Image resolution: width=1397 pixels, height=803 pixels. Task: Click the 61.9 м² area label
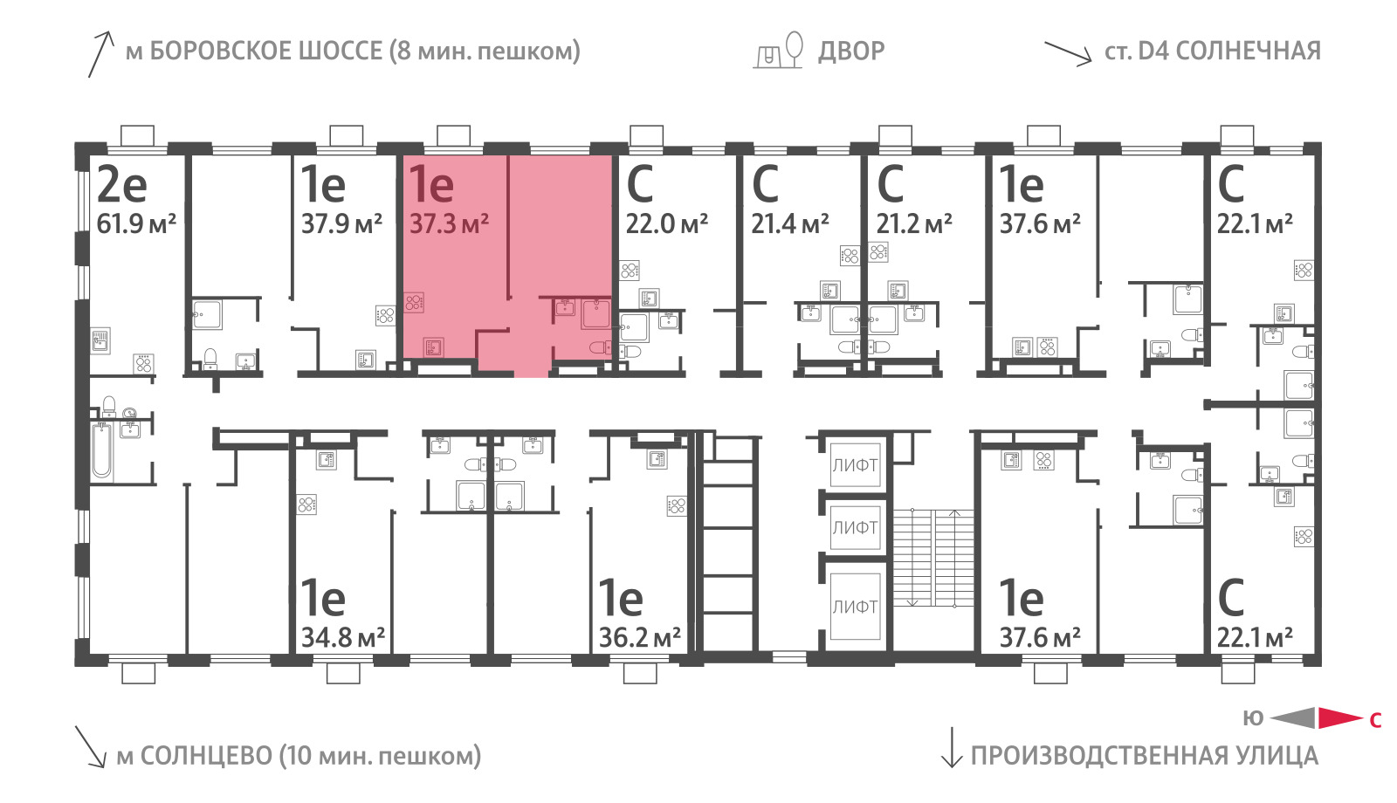tap(136, 223)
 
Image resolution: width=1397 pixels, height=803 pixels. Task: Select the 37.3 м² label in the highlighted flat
tap(449, 223)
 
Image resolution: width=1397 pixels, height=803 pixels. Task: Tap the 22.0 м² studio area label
tap(667, 223)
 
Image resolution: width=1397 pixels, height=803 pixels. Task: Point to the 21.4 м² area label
tap(789, 223)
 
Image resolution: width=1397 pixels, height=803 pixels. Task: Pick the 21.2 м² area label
tap(914, 223)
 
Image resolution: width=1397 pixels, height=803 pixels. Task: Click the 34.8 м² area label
tap(343, 637)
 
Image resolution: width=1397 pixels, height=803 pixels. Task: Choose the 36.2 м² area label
tap(640, 637)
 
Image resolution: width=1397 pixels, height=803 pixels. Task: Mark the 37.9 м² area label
tap(341, 223)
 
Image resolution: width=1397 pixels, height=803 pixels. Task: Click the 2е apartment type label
tap(122, 185)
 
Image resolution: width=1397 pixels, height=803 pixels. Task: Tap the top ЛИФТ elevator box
tap(855, 465)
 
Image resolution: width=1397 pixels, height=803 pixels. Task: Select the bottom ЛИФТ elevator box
tap(855, 606)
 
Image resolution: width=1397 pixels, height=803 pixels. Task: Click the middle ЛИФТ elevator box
tap(855, 527)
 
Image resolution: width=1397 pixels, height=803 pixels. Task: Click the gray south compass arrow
tap(1292, 718)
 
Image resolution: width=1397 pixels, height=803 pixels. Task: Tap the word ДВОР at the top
tap(851, 51)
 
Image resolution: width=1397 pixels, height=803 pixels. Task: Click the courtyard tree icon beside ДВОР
tap(794, 49)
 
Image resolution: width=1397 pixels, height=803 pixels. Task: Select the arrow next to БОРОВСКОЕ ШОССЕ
tap(100, 54)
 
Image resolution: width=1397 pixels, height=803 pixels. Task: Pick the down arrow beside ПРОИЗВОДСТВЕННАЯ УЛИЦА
tap(952, 747)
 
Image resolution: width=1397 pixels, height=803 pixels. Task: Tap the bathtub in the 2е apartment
tap(102, 450)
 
